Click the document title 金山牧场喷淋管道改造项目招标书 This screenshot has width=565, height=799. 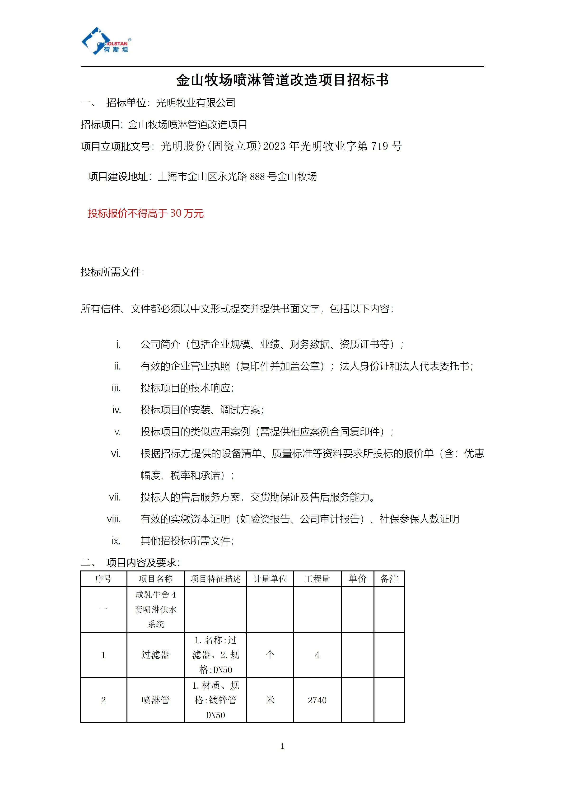[x=282, y=80]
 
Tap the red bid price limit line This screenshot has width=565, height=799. [x=145, y=213]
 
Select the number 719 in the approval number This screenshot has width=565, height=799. [x=380, y=146]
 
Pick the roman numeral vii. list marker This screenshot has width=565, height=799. [x=115, y=497]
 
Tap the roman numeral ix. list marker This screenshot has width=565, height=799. [x=116, y=541]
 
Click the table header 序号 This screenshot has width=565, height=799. [x=103, y=579]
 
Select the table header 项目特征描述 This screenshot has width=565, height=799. [x=215, y=579]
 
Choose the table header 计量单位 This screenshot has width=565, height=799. [x=270, y=579]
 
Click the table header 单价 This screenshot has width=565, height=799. [x=357, y=579]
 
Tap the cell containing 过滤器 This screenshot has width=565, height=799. [x=155, y=654]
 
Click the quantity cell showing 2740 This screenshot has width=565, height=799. [x=317, y=700]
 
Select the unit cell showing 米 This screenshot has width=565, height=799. [x=270, y=700]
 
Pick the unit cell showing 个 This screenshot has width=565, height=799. [x=270, y=654]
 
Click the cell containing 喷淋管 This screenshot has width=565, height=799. [x=155, y=700]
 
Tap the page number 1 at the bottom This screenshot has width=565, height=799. [x=282, y=746]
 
